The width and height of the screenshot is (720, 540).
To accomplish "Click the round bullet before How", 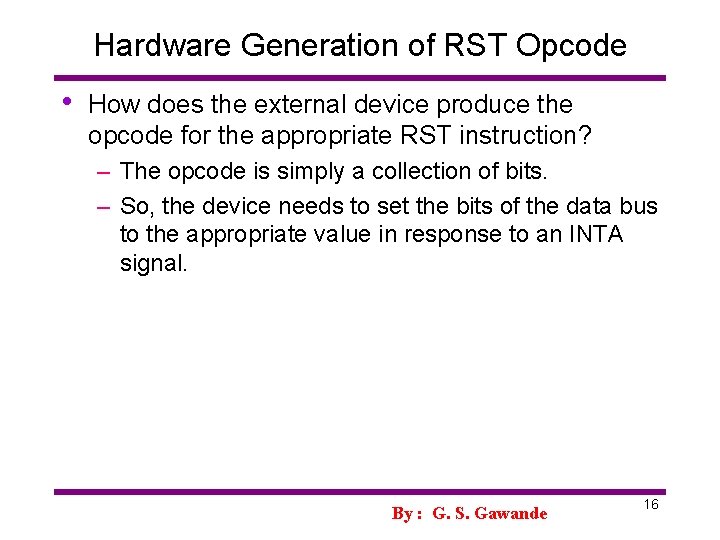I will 65,102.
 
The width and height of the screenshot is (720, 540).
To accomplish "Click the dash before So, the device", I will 103,206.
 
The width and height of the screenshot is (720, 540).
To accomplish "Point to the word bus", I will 639,206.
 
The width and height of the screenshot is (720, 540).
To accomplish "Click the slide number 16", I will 650,505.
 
